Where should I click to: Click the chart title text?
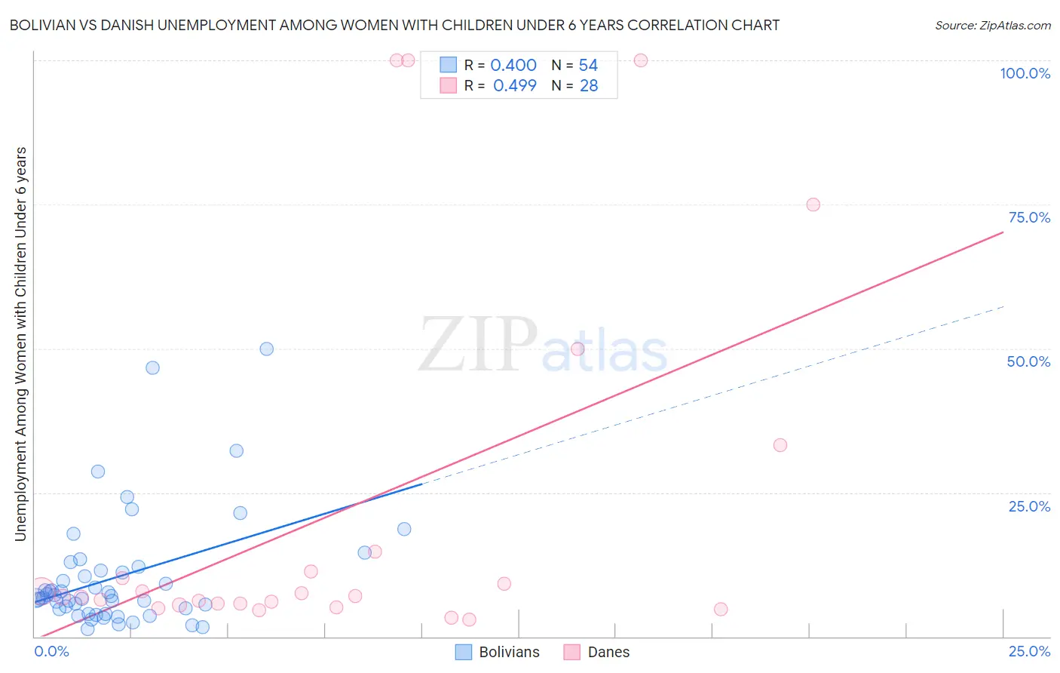[394, 25]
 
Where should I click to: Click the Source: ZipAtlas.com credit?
[992, 25]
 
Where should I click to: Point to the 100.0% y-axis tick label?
[1025, 73]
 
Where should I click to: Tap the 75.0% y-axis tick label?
[1029, 217]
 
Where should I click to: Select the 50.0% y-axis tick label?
[1028, 361]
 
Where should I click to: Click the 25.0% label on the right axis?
[1029, 506]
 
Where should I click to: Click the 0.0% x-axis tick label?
[52, 651]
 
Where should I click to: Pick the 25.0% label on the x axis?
[1029, 651]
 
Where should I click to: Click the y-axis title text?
[21, 343]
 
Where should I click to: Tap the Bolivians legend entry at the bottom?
[498, 652]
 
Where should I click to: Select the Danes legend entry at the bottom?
[596, 652]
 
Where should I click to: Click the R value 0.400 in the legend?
[513, 66]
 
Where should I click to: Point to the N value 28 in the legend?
[589, 86]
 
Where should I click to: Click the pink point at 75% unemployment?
[813, 204]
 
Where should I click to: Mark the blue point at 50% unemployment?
[266, 349]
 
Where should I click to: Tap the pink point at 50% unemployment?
[577, 349]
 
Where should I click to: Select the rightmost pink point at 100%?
[641, 60]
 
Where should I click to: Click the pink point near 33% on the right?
[780, 445]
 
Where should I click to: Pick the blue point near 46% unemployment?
[152, 367]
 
